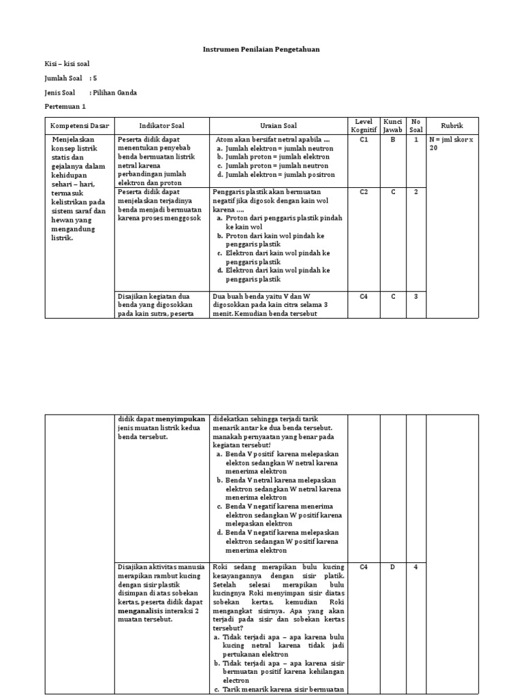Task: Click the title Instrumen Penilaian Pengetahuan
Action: click(262, 49)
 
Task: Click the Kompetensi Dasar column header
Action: click(79, 126)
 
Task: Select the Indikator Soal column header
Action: click(161, 126)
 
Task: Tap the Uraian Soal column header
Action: click(277, 126)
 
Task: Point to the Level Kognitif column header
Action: click(364, 125)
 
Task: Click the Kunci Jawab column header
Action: click(393, 125)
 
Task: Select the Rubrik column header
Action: click(452, 126)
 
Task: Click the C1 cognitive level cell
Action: click(364, 139)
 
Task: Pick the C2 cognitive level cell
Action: click(364, 192)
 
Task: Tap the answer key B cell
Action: click(393, 139)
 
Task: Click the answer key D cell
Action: click(393, 567)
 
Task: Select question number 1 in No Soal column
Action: click(416, 139)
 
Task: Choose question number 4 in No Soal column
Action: click(415, 567)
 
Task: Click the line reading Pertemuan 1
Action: click(65, 107)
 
